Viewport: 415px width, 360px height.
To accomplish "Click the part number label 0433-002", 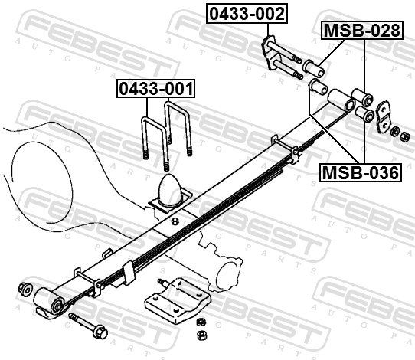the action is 247,14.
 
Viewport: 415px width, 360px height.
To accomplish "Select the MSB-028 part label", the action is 362,30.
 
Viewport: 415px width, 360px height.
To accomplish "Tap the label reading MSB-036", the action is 361,172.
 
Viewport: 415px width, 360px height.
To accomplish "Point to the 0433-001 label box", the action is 156,88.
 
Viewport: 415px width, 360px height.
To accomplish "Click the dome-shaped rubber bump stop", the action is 169,190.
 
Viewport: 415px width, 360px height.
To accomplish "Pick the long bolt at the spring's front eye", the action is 88,326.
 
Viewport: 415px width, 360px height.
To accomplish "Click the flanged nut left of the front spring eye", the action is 25,288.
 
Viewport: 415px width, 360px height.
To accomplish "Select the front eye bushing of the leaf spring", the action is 49,301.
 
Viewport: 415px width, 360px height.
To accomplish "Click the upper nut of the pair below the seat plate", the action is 201,322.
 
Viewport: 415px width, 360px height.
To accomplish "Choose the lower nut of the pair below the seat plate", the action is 202,335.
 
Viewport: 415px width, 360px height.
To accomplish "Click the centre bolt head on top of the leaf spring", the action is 175,221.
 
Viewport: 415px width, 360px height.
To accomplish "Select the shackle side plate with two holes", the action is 383,116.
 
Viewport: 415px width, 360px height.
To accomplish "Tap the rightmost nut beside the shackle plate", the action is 404,137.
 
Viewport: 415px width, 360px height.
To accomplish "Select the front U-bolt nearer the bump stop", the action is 155,143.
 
